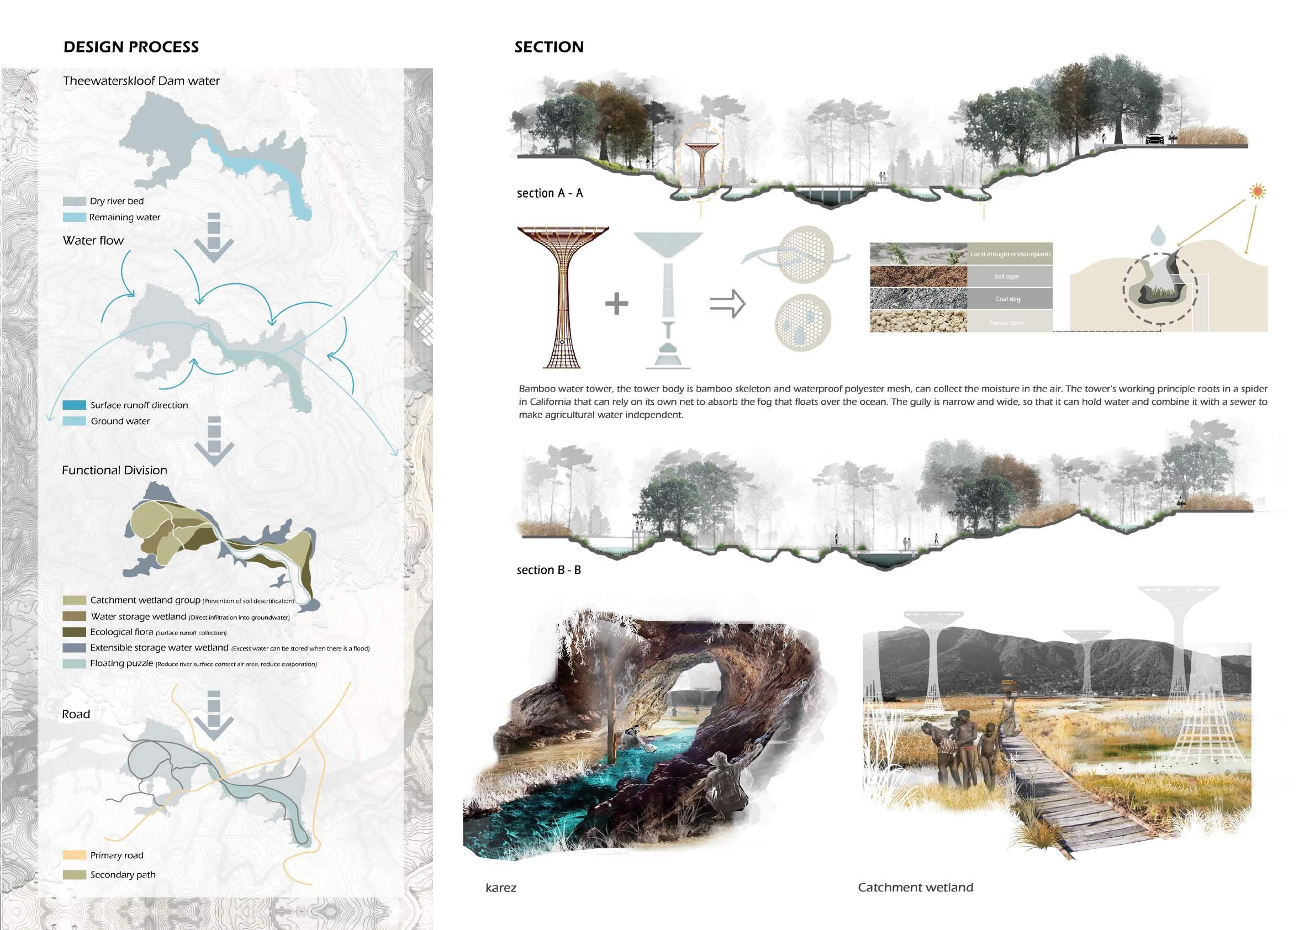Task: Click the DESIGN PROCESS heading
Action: coord(131,47)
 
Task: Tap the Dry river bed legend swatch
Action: coord(75,202)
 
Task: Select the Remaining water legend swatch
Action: coord(75,218)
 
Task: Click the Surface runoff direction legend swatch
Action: coord(75,405)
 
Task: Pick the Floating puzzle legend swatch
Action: coord(75,664)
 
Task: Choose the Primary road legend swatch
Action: coord(75,855)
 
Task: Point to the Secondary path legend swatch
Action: coord(75,875)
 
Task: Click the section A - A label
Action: coord(550,193)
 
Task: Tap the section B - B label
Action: coord(548,570)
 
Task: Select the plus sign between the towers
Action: coord(616,304)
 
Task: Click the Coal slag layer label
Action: coord(1007,299)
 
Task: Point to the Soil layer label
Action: coord(1007,277)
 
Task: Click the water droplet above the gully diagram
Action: coord(1158,234)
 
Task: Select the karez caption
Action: coord(500,888)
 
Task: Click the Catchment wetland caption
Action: coord(915,888)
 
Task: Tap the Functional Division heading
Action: coord(114,471)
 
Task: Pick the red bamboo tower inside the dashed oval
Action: coord(700,166)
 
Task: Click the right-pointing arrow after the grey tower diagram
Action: coord(727,304)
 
